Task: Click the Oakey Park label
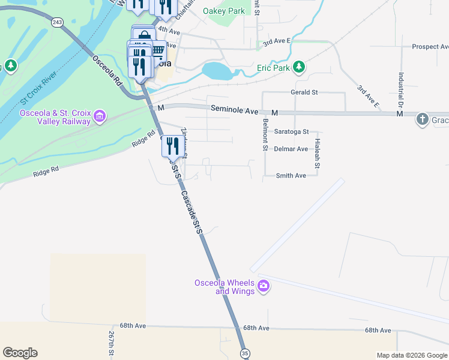pos(224,11)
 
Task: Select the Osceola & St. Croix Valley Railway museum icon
pos(100,115)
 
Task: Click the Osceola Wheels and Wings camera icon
pos(263,287)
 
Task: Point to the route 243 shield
pos(57,22)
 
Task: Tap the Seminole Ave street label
pos(234,110)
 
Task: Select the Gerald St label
pos(304,92)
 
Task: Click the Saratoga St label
pos(291,131)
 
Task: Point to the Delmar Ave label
pos(291,149)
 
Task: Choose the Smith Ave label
pos(291,176)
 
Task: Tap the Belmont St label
pos(264,134)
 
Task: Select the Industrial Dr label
pos(400,91)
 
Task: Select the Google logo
pos(20,353)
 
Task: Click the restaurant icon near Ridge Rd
pos(172,145)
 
